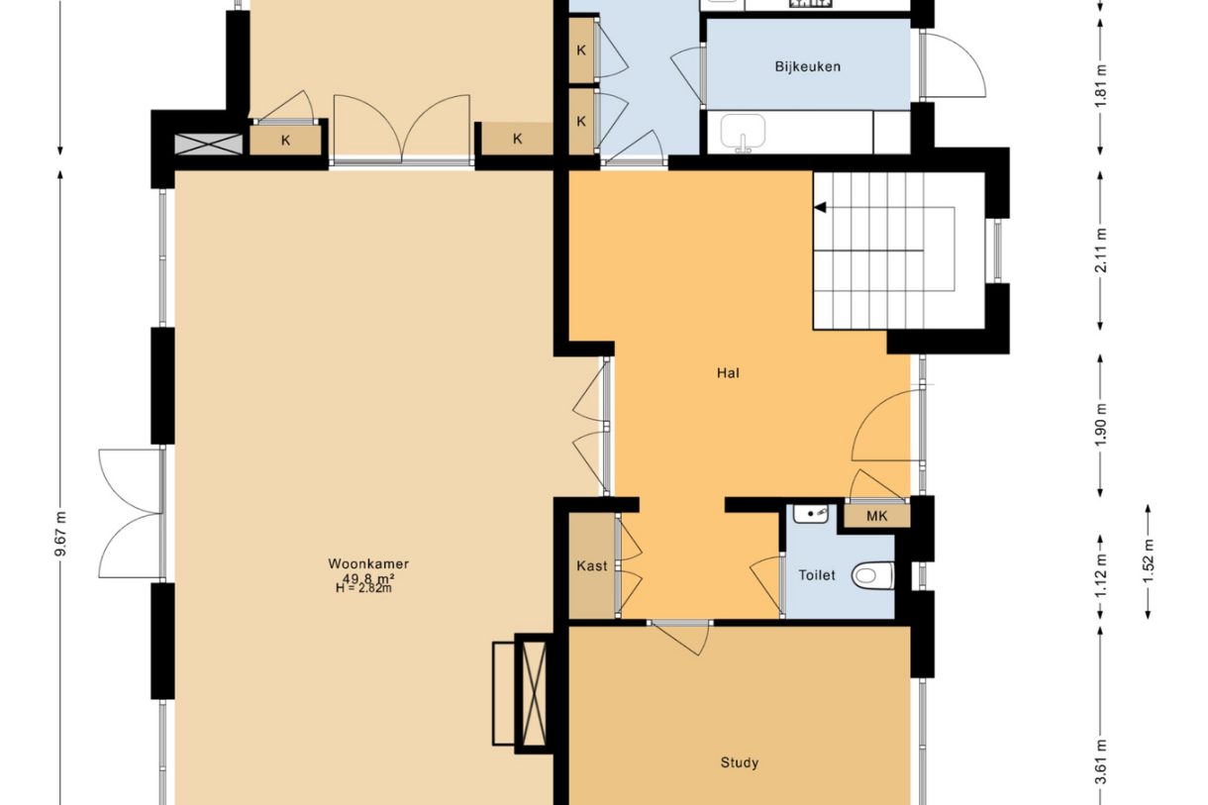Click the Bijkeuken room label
coord(807,67)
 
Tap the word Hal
coord(728,372)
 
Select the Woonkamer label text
coord(368,564)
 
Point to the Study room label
coord(740,763)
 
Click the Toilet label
coord(817,575)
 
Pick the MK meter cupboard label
coord(877,516)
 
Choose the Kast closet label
coord(591,565)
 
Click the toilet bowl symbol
coord(872,576)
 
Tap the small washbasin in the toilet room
coord(811,514)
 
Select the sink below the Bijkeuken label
coord(744,132)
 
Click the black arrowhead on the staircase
coord(820,207)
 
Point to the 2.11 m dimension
coord(1101,251)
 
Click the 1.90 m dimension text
coord(1101,424)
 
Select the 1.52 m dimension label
coord(1148,560)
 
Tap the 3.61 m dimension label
coord(1101,761)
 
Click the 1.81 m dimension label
coord(1101,86)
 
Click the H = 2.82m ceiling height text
coord(363,588)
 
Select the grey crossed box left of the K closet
coord(209,144)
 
